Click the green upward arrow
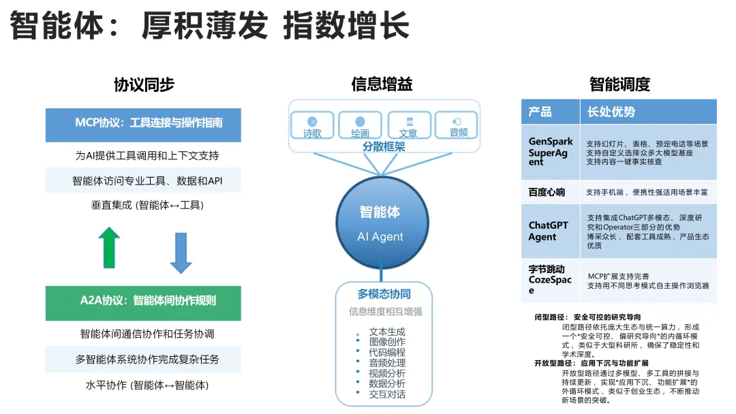(109, 247)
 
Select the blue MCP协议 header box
(143, 124)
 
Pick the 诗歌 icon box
(313, 126)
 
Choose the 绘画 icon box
(360, 126)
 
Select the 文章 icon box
(408, 126)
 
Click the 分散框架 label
(384, 146)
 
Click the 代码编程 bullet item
(387, 352)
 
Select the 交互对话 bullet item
(387, 394)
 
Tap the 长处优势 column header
(611, 112)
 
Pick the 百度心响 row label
(547, 192)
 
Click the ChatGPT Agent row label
(548, 231)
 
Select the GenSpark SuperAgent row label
(551, 152)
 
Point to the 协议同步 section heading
(144, 84)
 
